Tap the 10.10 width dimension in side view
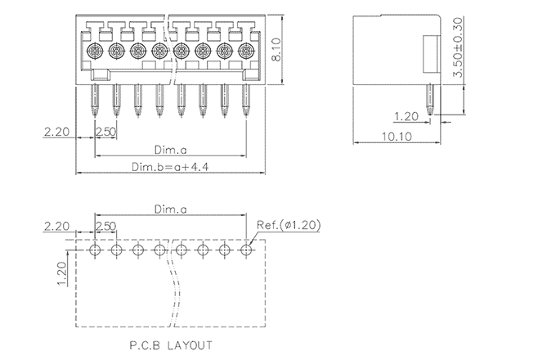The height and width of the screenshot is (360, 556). (x=395, y=136)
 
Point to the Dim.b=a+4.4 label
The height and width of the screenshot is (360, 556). (x=170, y=167)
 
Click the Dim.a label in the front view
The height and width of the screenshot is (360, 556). (x=170, y=150)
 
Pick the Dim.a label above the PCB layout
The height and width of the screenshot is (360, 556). (x=170, y=210)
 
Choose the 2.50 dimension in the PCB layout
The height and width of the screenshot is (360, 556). (x=105, y=225)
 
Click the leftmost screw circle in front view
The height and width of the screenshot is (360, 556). (x=94, y=52)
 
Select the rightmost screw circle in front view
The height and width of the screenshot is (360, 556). (x=245, y=52)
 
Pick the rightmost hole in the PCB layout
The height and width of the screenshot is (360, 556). (x=246, y=249)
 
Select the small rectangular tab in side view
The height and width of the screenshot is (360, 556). (x=432, y=55)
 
